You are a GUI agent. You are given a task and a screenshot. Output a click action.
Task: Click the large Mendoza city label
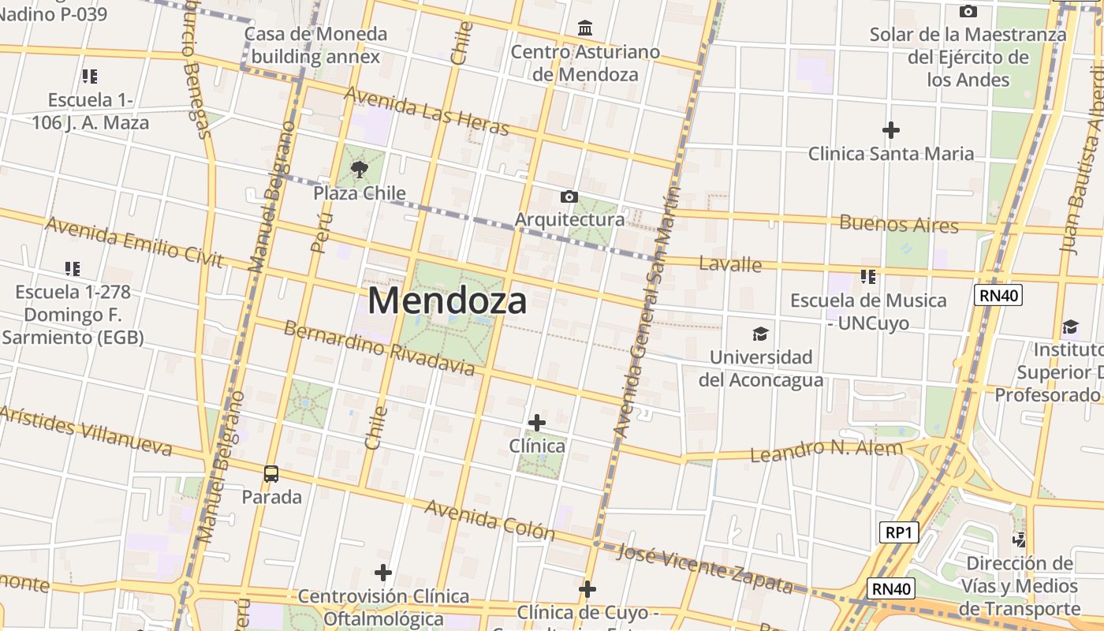click(x=447, y=301)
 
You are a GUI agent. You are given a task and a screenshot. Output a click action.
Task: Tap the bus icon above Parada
click(x=271, y=474)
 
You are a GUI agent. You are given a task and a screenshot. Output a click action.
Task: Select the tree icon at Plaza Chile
click(x=360, y=169)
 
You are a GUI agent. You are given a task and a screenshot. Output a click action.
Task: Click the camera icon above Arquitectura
click(x=569, y=196)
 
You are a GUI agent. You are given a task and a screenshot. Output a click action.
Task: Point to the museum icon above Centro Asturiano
click(x=585, y=29)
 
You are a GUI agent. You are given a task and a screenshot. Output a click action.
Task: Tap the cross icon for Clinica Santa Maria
click(x=891, y=129)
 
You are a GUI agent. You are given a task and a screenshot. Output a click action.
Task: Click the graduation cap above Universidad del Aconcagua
click(x=760, y=334)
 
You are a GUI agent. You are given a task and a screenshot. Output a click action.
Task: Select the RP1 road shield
click(x=898, y=532)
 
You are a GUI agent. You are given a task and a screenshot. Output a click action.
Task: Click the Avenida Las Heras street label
click(x=427, y=111)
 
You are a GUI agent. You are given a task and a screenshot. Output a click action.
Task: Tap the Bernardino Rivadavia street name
click(x=379, y=348)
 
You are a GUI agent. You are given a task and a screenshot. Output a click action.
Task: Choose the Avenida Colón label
click(x=490, y=520)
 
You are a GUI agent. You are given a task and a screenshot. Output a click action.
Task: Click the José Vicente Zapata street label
click(x=704, y=568)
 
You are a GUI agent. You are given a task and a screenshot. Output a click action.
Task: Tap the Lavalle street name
click(x=730, y=264)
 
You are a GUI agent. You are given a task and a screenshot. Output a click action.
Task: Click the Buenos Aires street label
click(x=899, y=224)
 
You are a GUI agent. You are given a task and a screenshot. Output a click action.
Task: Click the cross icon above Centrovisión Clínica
click(x=383, y=573)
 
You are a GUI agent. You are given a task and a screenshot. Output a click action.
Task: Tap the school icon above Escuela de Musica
click(x=868, y=277)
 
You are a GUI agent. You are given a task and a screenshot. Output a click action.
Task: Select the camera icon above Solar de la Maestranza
click(x=968, y=12)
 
